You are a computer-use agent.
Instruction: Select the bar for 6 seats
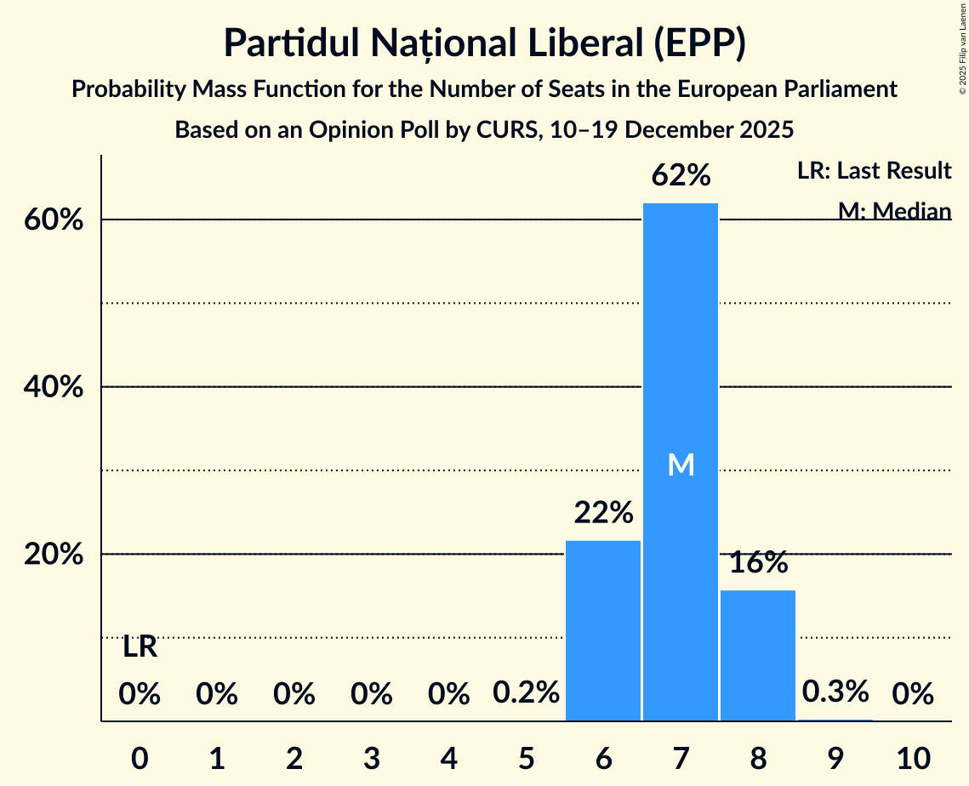point(603,629)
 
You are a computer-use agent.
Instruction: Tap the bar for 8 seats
point(758,655)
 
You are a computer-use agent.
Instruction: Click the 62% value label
point(681,176)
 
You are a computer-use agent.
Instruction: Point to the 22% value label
point(603,513)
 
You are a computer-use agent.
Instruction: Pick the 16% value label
point(758,562)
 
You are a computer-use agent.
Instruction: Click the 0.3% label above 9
point(835,692)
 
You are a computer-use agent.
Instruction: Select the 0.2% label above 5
point(526,693)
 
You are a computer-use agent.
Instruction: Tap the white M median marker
point(681,464)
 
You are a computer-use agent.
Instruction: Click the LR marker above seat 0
point(140,647)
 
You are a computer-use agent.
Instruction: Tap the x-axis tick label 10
point(913,755)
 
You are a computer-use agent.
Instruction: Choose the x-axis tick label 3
point(372,755)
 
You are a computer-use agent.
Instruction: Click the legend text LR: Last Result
point(874,171)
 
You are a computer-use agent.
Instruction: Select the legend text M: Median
point(894,210)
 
